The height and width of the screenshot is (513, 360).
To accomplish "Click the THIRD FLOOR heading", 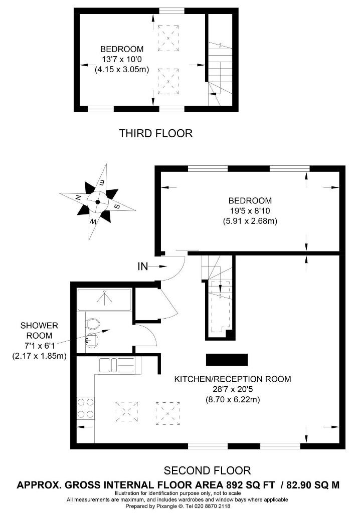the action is pyautogui.click(x=155, y=133).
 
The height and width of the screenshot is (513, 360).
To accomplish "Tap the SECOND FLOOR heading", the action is pyautogui.click(x=207, y=470).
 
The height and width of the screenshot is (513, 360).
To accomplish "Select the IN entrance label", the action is pyautogui.click(x=143, y=267).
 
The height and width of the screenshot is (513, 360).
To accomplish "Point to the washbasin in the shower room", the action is pyautogui.click(x=92, y=339).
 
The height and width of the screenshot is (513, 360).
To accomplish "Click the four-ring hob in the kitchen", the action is pyautogui.click(x=85, y=408).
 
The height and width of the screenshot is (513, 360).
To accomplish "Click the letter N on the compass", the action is pyautogui.click(x=78, y=197).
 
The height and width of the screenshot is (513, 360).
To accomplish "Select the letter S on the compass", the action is pyautogui.click(x=117, y=206).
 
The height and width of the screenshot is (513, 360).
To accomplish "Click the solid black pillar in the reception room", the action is pyautogui.click(x=227, y=360).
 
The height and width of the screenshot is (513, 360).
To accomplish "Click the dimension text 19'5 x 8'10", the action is pyautogui.click(x=250, y=211).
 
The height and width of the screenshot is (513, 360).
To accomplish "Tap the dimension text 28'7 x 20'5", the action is pyautogui.click(x=233, y=389).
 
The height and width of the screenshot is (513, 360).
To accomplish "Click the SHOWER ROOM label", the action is pyautogui.click(x=39, y=331).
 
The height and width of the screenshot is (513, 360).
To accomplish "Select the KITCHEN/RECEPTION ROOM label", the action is pyautogui.click(x=233, y=379).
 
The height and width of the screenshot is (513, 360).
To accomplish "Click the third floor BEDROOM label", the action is pyautogui.click(x=122, y=49).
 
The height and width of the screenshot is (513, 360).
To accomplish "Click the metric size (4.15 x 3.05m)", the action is pyautogui.click(x=122, y=69).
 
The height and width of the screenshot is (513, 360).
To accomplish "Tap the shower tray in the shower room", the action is pyautogui.click(x=104, y=300).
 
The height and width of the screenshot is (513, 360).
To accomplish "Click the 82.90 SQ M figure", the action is pyautogui.click(x=313, y=485).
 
